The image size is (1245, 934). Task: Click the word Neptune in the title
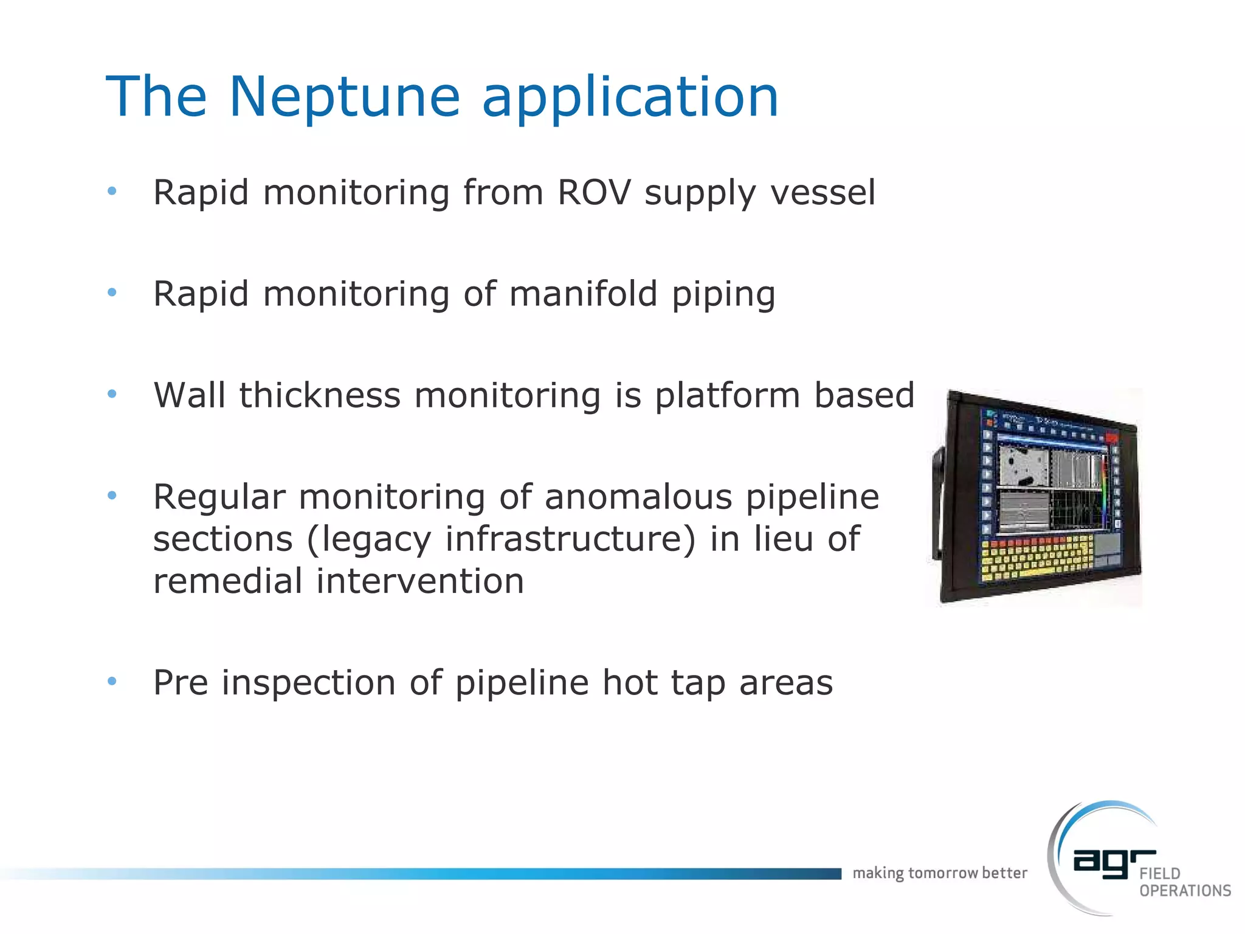344,97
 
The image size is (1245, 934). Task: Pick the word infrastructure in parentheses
570,539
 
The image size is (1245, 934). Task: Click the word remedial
227,581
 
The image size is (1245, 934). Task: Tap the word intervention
419,581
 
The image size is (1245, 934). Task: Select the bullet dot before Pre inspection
112,681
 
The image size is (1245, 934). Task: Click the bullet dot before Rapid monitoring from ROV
112,192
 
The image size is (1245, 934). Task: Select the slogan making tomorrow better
939,873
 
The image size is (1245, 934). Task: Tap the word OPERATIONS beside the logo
1185,891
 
